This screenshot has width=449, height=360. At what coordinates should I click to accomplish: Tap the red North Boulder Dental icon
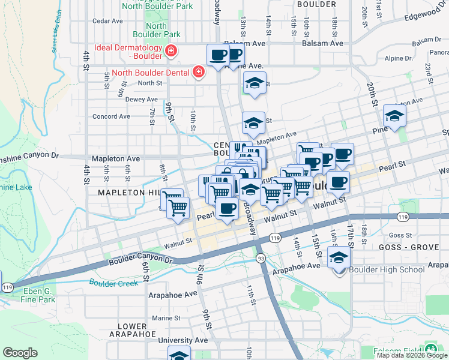[x=199, y=73]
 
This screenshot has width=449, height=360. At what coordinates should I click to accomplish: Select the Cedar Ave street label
[x=107, y=20]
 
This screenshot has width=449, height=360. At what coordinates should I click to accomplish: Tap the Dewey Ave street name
[x=125, y=99]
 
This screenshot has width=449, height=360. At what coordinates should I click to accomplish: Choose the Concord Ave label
[x=111, y=116]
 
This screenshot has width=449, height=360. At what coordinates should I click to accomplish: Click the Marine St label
[x=166, y=318]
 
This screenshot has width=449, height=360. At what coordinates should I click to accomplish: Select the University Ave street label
[x=183, y=340]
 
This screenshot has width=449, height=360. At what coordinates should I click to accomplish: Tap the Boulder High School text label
[x=387, y=269]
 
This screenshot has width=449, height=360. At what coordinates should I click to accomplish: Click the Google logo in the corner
[x=20, y=353]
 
